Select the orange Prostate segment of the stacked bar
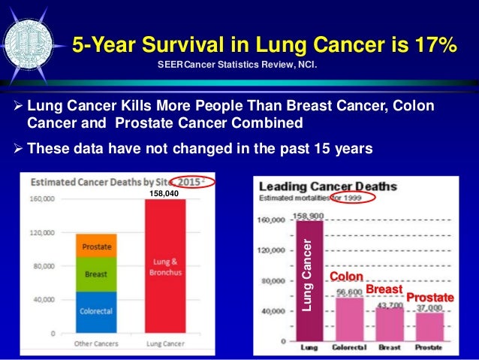point(95,244)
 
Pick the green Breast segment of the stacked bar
point(95,274)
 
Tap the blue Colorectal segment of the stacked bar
point(95,311)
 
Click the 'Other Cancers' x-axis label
point(95,345)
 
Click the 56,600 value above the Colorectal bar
point(350,292)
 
